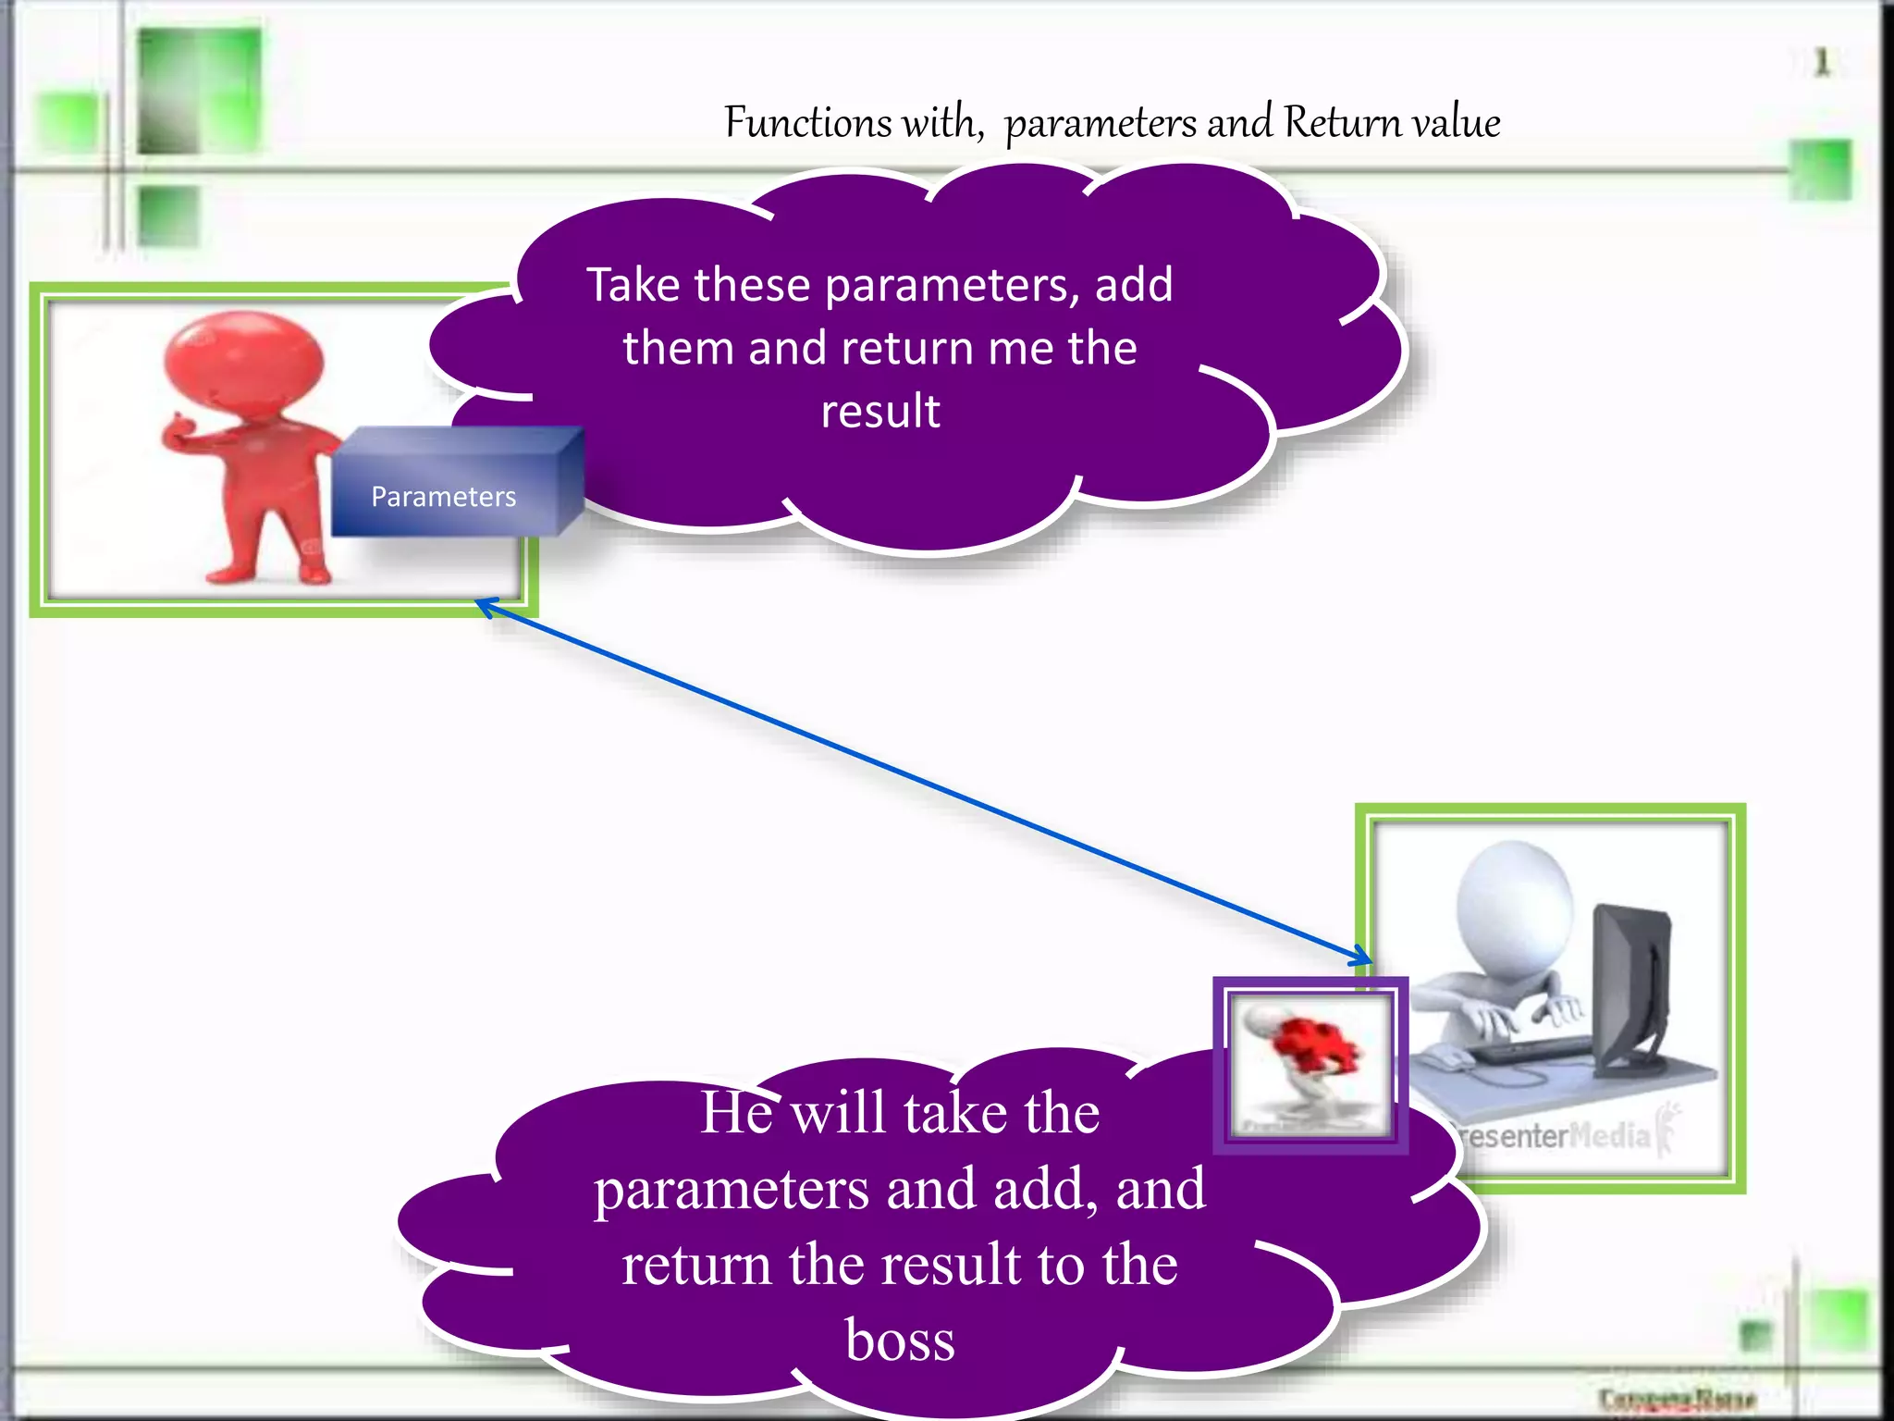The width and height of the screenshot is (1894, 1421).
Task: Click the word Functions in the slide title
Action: [807, 122]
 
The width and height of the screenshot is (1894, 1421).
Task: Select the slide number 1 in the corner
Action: [1821, 63]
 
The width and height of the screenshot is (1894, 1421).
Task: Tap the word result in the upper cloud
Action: [880, 411]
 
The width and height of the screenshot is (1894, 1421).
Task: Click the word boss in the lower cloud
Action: [900, 1340]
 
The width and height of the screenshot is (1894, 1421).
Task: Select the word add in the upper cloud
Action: [1134, 284]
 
